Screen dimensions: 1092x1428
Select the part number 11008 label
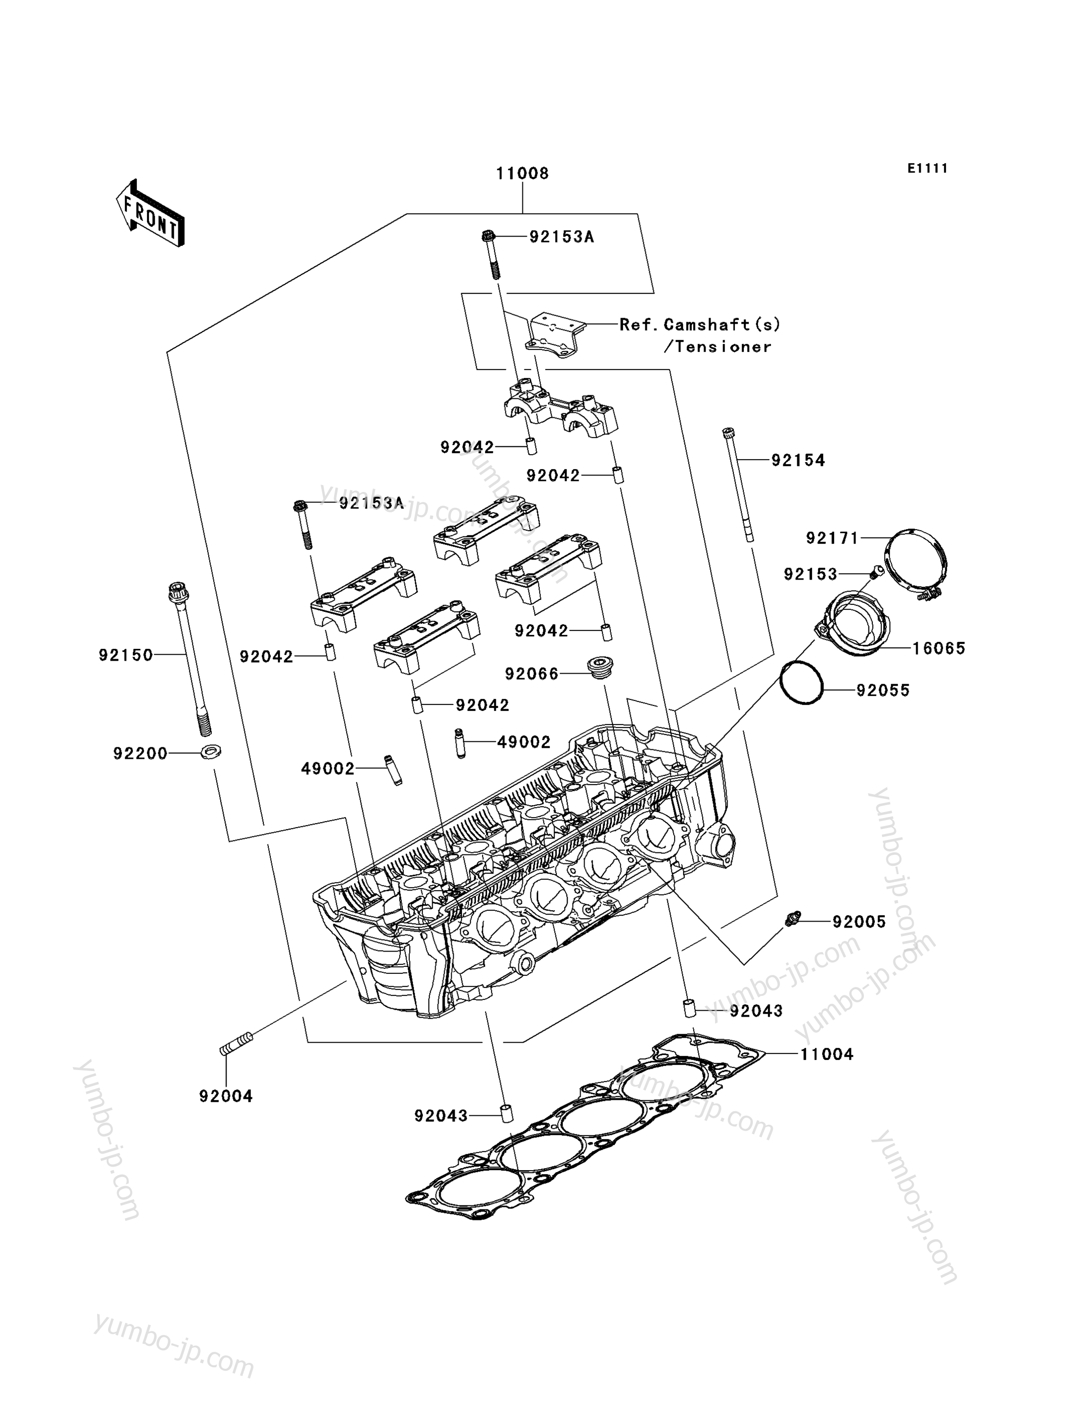[523, 174]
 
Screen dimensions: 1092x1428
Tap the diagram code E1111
[928, 168]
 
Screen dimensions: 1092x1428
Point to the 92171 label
[833, 538]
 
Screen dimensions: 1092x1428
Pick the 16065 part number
[939, 648]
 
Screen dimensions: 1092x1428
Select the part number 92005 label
[859, 922]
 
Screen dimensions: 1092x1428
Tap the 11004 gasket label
[826, 1054]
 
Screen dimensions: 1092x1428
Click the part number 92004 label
[226, 1096]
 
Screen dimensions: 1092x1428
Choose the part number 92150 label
[125, 655]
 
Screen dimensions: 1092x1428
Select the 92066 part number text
[532, 674]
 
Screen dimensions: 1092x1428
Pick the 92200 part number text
[140, 753]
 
